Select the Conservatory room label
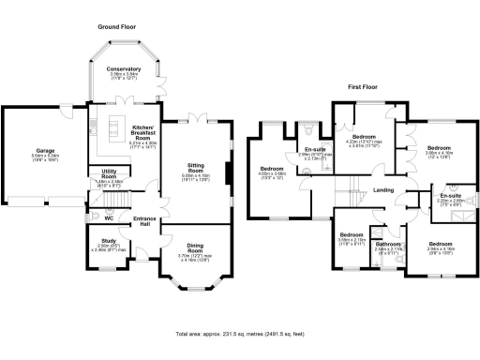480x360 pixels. (x=123, y=68)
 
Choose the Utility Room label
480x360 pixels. (x=109, y=173)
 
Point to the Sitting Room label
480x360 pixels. (x=197, y=165)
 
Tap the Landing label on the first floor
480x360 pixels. (x=382, y=190)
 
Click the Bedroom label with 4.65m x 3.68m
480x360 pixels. (x=274, y=169)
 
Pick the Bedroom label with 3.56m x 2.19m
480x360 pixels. (x=352, y=234)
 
